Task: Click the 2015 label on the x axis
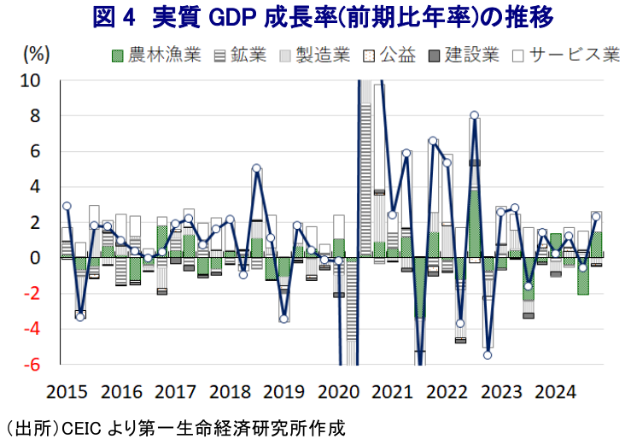(x=67, y=391)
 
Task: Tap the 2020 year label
(x=338, y=391)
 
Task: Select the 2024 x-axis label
(x=556, y=391)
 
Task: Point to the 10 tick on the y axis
(x=30, y=80)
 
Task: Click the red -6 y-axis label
(x=32, y=365)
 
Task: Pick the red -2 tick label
(x=32, y=294)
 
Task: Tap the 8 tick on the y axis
(x=35, y=116)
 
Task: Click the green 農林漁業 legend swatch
(x=117, y=56)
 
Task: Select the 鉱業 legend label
(x=248, y=55)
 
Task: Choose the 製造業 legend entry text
(x=323, y=55)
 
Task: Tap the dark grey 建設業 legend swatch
(x=433, y=56)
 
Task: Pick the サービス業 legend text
(x=575, y=55)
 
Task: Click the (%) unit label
(x=37, y=54)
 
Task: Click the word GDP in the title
(x=232, y=17)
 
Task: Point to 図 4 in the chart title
(x=114, y=17)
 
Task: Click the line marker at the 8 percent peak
(x=475, y=115)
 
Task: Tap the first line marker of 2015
(x=67, y=206)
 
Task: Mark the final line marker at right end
(x=596, y=217)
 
